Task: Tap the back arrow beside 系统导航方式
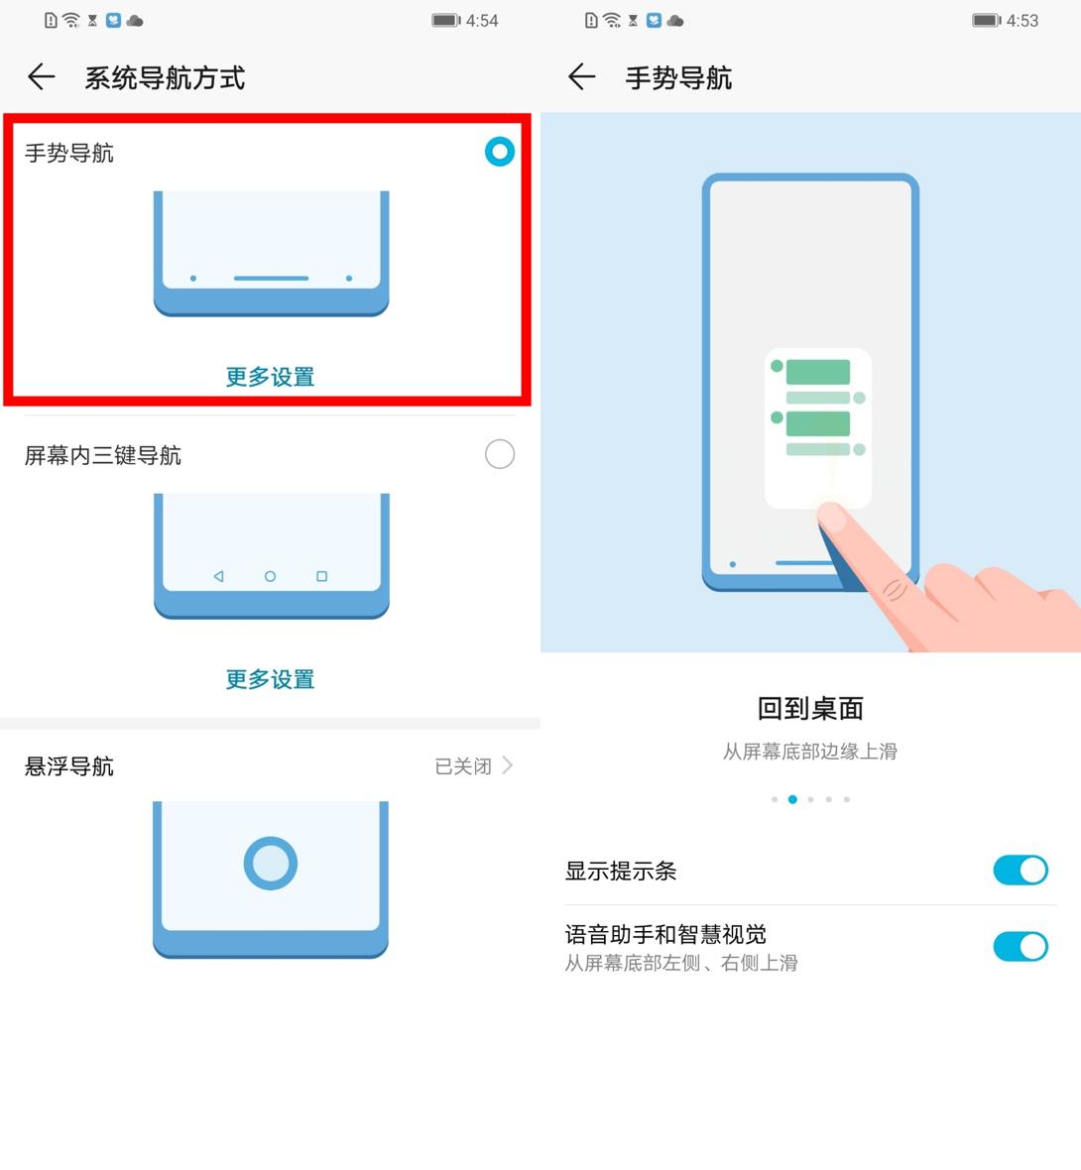41,77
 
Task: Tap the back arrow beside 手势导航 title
581,77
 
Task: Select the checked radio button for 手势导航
499,152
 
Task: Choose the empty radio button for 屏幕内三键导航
499,454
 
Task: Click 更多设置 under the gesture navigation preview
270,377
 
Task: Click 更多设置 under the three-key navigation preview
270,679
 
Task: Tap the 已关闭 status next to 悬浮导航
463,766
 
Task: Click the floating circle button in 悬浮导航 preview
270,863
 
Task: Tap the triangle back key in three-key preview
218,576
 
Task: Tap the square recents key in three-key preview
321,576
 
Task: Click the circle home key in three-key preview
270,576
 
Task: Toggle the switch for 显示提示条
1020,871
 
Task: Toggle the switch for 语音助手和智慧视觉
1020,947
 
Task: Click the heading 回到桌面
810,708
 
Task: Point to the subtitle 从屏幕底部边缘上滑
810,752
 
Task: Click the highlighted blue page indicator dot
792,799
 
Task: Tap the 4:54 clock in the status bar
482,21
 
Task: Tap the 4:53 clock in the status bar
1022,21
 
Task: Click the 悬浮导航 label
69,766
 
